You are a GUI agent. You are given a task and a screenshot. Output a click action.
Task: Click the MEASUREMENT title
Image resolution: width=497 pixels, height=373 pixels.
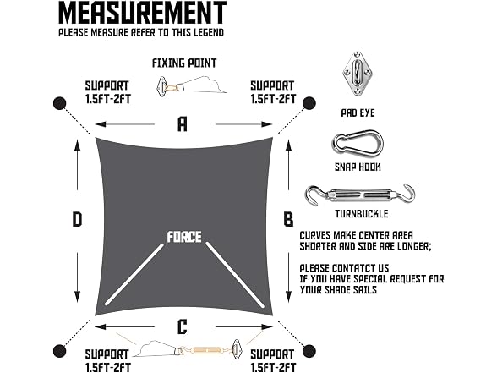click(x=142, y=13)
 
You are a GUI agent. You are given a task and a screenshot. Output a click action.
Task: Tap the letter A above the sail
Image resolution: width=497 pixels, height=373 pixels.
click(x=182, y=124)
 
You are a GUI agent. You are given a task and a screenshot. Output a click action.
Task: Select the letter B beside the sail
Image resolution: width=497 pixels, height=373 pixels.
click(x=288, y=219)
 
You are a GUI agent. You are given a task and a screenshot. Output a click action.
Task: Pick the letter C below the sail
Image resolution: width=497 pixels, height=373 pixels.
click(x=183, y=327)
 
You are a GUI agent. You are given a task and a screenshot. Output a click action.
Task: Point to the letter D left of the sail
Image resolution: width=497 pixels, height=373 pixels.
click(x=77, y=219)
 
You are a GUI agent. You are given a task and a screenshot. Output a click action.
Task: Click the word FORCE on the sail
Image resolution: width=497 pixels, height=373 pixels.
click(x=184, y=237)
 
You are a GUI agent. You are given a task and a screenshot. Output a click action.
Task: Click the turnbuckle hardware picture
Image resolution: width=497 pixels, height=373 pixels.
click(x=360, y=195)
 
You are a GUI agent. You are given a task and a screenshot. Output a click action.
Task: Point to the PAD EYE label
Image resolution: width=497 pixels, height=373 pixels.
click(x=358, y=113)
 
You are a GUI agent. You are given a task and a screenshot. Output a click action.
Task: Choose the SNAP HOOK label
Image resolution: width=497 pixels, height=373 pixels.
click(x=358, y=167)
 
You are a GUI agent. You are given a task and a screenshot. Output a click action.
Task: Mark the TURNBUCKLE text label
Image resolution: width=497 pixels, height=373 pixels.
click(x=362, y=214)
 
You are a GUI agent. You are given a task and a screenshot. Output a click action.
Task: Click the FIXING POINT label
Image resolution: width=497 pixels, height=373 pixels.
click(x=184, y=63)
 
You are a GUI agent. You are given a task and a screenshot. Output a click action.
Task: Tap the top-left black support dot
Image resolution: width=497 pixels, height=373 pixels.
click(x=59, y=103)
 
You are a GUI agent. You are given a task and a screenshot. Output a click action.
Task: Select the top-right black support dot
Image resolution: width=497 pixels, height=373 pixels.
click(x=309, y=103)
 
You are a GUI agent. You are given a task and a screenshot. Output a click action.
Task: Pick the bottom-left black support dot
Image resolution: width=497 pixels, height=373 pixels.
click(x=59, y=351)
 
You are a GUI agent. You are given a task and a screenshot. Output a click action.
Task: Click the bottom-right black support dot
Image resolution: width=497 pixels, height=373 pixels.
click(x=309, y=351)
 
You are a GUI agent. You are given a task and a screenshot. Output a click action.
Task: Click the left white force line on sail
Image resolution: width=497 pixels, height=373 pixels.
click(x=134, y=274)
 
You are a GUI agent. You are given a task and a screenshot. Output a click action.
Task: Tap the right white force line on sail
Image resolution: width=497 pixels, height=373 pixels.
click(x=235, y=275)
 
